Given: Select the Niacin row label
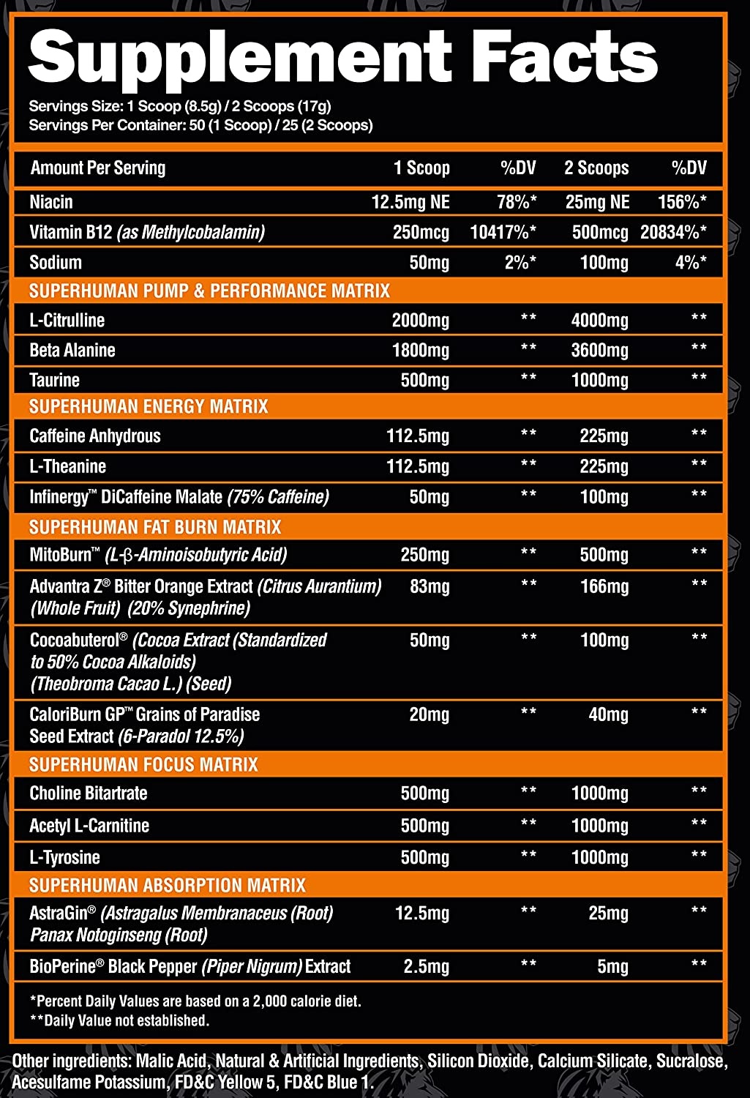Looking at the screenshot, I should pos(51,202).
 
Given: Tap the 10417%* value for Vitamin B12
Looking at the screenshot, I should pos(503,233).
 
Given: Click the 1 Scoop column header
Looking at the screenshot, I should pos(421,168).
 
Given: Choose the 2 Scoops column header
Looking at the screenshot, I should pos(596,168).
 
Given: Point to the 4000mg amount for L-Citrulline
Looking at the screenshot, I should pos(599,321).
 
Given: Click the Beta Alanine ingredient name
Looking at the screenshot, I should pos(72,351).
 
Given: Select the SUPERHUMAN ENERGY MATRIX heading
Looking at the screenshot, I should pos(149,407).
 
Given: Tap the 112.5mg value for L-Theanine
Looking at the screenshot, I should pos(418,467).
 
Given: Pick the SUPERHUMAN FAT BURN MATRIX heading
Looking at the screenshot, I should pos(155,527).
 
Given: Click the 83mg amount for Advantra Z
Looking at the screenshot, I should pos(430,587).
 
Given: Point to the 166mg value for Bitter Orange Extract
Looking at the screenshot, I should pos(604,587).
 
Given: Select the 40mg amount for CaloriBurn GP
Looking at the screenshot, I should pos(608,715).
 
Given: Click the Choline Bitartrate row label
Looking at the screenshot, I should pos(89,793).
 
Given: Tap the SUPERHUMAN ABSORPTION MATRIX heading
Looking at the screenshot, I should pos(168,886).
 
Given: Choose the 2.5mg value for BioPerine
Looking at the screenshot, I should pos(427,967).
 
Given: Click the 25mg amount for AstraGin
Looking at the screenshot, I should pos(608,914).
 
